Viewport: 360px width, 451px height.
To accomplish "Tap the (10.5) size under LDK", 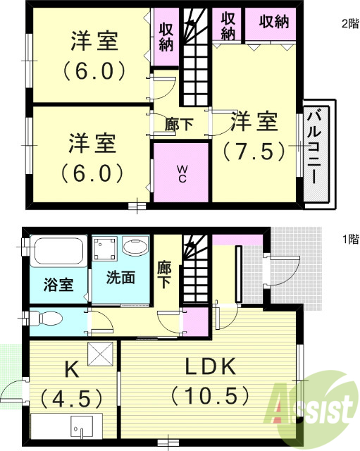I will (209, 395).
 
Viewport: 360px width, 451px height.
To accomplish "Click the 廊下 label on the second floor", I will (178, 124).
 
